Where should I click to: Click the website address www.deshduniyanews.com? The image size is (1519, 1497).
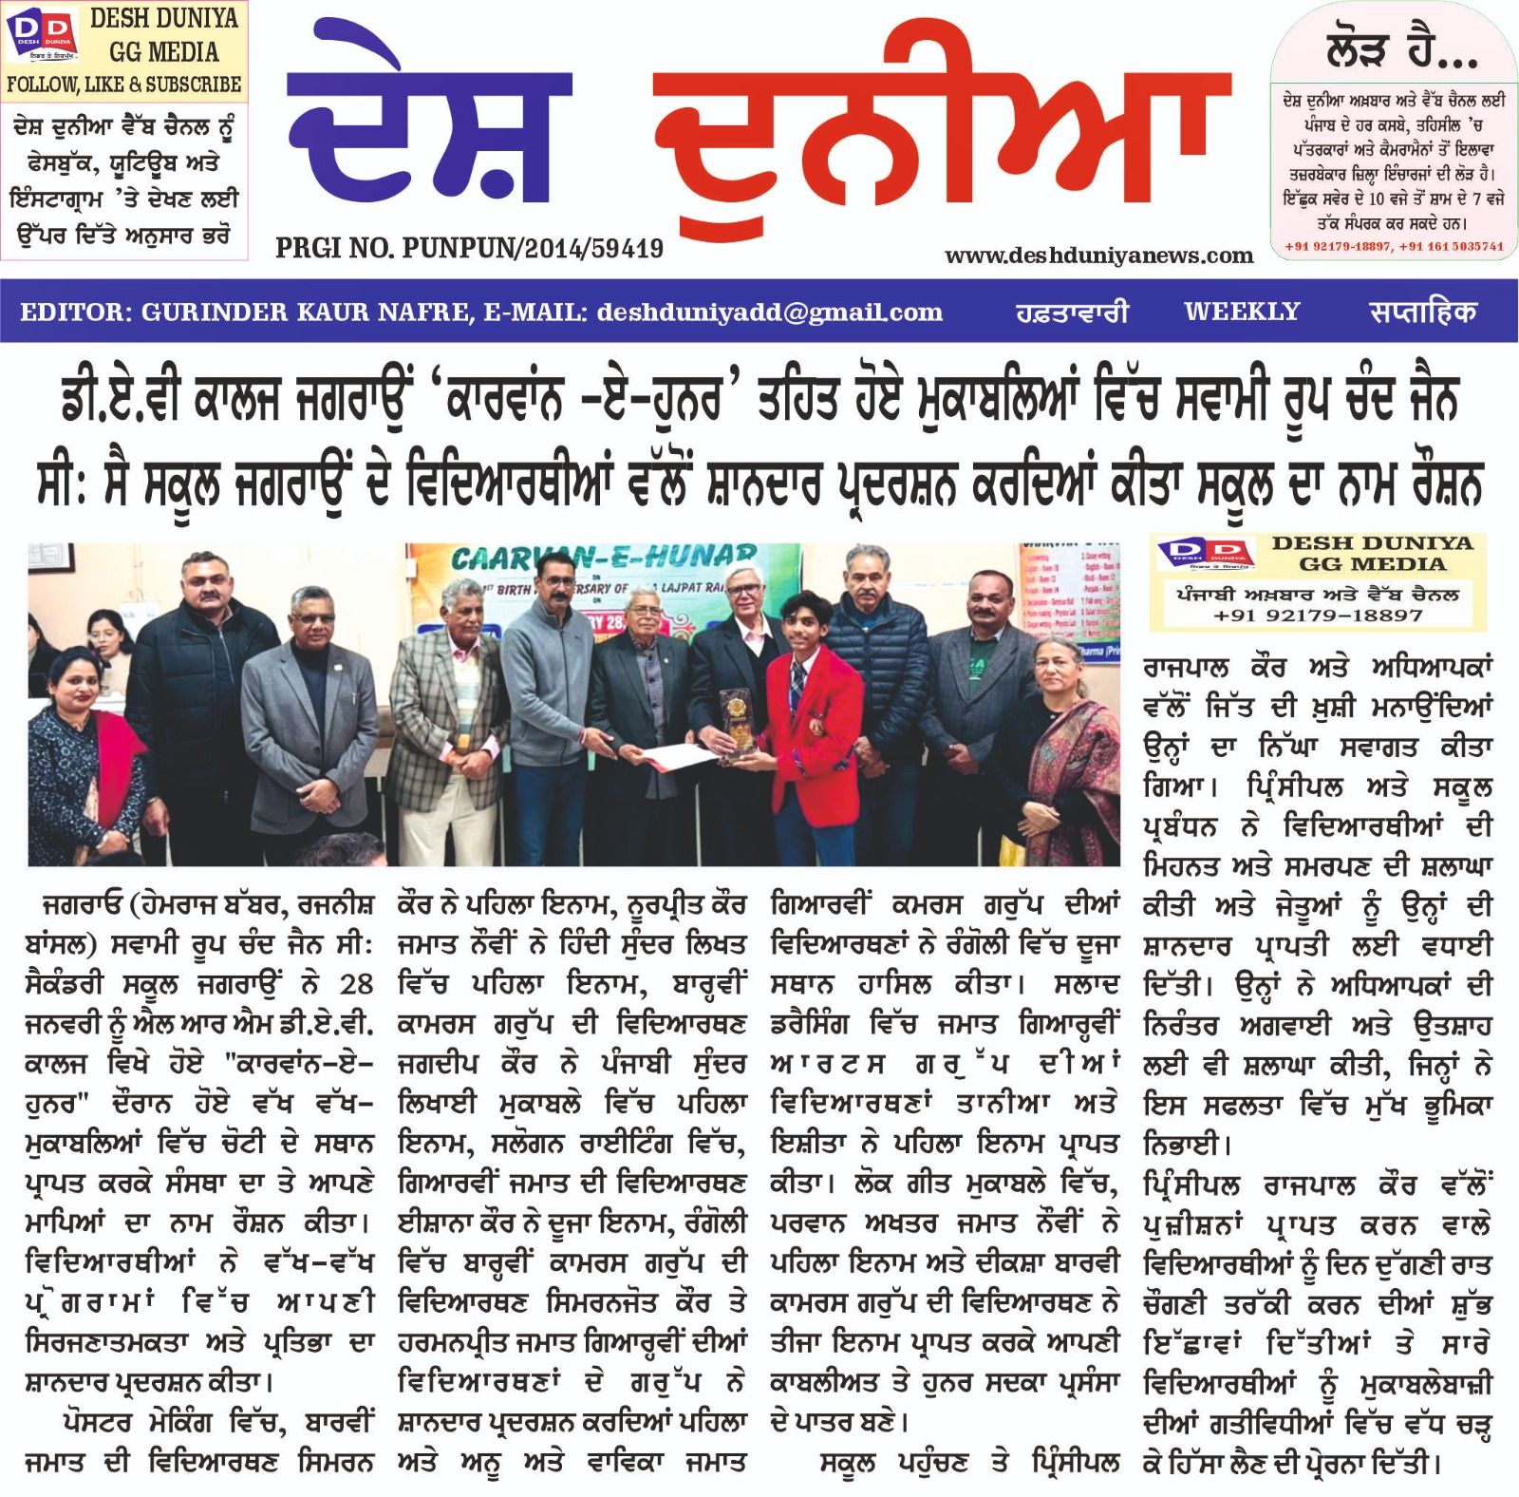[1098, 256]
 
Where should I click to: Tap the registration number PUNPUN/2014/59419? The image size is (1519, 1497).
[533, 249]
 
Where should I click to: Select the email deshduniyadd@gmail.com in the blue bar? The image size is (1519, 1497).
[769, 312]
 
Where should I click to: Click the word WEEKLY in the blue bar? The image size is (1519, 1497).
[1242, 312]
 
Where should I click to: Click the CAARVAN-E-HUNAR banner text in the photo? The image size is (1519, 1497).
[604, 559]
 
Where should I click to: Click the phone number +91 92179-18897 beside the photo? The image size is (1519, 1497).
[1318, 616]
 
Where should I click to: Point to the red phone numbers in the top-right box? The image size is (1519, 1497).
[1394, 246]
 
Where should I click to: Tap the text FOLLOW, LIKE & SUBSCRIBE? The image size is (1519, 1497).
[124, 85]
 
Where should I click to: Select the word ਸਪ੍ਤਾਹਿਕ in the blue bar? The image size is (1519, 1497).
[1422, 312]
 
